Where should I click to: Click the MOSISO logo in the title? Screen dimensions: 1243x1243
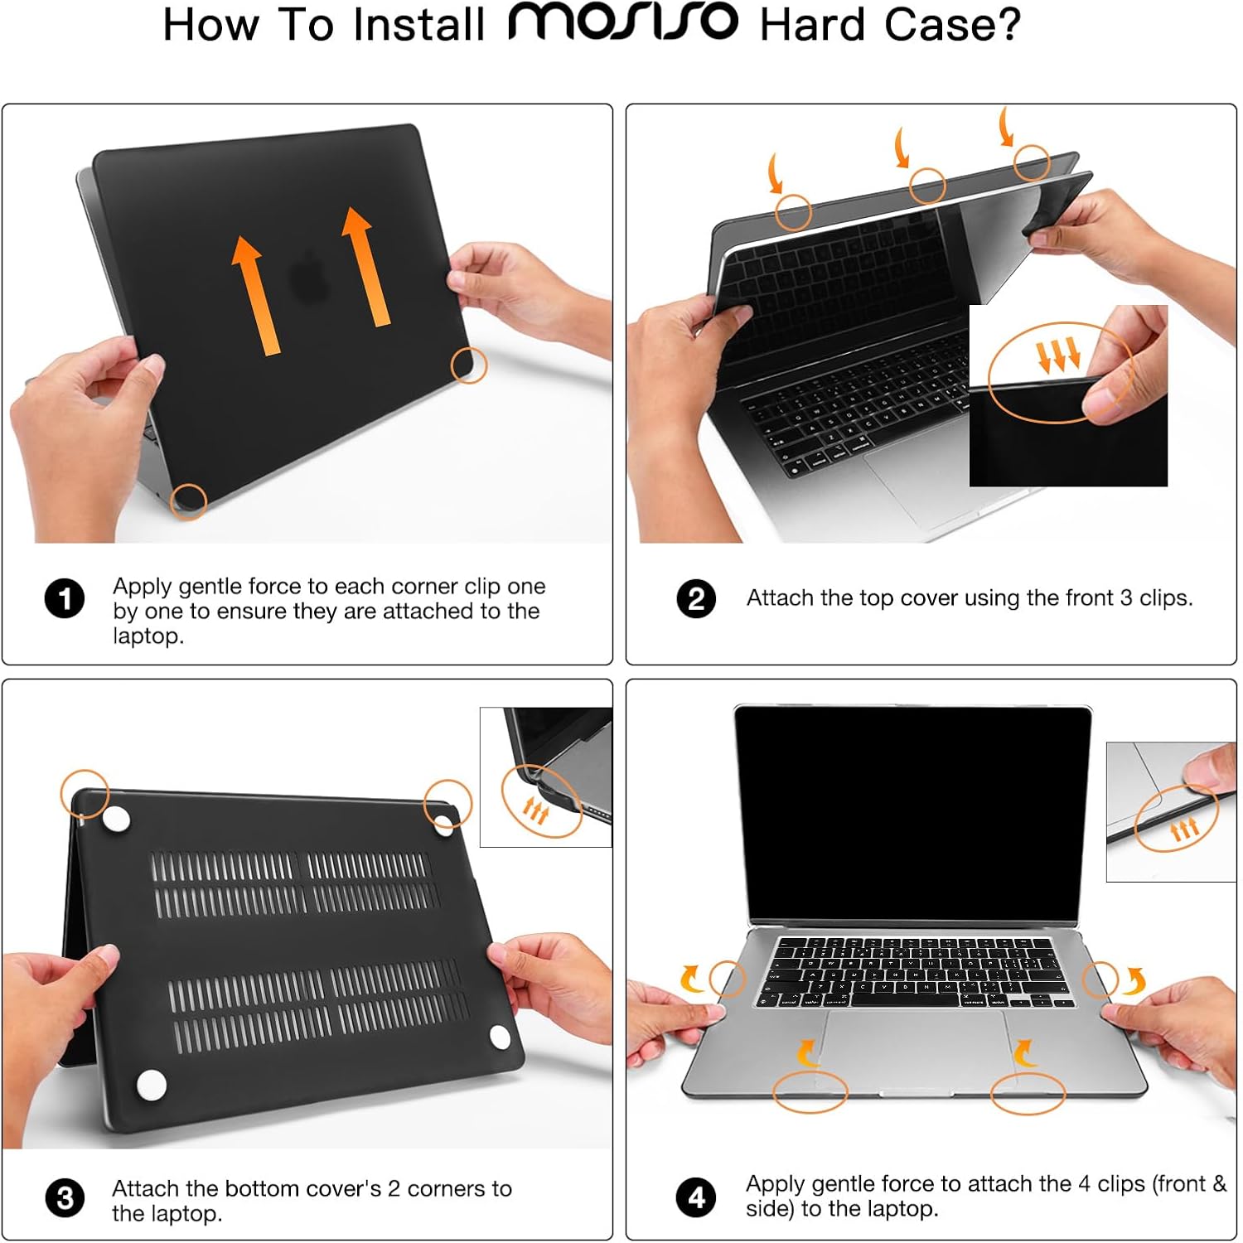coord(622,22)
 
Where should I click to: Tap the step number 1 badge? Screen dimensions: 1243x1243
coord(65,599)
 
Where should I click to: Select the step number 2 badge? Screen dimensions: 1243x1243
coord(696,598)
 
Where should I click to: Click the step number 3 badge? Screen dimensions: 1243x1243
coord(65,1198)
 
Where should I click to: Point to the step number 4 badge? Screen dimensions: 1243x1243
coord(696,1197)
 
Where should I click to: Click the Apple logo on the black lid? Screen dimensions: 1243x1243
coord(311,278)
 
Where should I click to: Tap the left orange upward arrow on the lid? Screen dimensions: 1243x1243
coord(256,295)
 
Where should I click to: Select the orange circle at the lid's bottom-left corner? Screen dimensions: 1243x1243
coord(188,501)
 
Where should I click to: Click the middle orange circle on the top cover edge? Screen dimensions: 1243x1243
coord(927,186)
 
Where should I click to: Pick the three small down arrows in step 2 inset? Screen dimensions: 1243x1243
coord(1058,354)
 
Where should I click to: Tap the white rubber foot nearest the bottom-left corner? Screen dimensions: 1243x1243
coord(151,1085)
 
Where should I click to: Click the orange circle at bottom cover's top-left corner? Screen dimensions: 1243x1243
coord(85,793)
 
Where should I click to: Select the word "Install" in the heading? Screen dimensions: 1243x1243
coord(418,24)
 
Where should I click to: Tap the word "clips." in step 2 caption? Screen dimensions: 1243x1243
coord(1166,597)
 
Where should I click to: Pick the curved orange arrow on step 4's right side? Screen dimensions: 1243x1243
coord(1134,981)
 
